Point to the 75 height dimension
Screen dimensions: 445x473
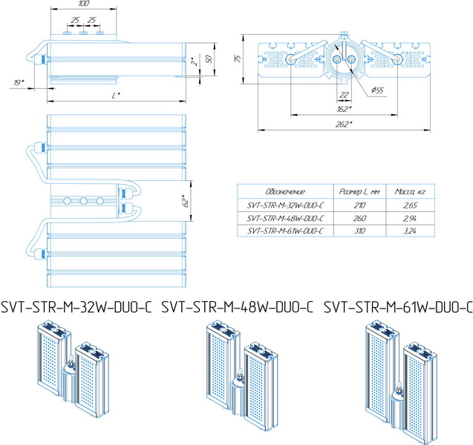click(x=238, y=59)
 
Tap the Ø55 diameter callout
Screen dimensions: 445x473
click(x=376, y=90)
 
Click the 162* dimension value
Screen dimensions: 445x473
click(x=344, y=108)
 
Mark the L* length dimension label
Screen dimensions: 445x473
click(x=116, y=96)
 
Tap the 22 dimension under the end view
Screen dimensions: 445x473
click(x=344, y=95)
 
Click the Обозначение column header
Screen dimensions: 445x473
click(x=285, y=191)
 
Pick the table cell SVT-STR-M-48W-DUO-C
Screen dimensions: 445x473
click(x=285, y=217)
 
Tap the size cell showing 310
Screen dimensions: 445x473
click(x=362, y=231)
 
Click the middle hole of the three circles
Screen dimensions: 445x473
click(x=83, y=200)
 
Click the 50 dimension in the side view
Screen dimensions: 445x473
click(x=209, y=59)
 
